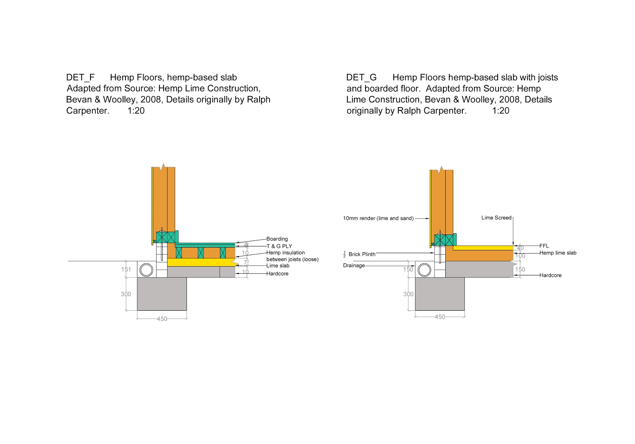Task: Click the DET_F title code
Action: [80, 77]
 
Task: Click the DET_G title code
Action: [361, 77]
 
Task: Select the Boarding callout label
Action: [277, 239]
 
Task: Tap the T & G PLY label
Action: [279, 246]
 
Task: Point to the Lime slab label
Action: [278, 266]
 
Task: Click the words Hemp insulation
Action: [286, 253]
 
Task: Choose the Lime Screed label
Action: [496, 218]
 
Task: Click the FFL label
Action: [544, 246]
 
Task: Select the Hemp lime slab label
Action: [558, 253]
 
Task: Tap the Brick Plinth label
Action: [362, 254]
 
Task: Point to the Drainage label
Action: [354, 265]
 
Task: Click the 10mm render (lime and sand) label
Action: [378, 218]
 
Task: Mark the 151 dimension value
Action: [126, 269]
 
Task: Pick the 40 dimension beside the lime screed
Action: [520, 248]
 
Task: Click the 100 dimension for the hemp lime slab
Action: [520, 256]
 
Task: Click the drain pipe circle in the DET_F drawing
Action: [146, 270]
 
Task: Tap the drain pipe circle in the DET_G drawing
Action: [425, 270]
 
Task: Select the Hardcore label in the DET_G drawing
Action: [550, 275]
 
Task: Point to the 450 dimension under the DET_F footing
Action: [162, 319]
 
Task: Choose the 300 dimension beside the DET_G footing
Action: [408, 294]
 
